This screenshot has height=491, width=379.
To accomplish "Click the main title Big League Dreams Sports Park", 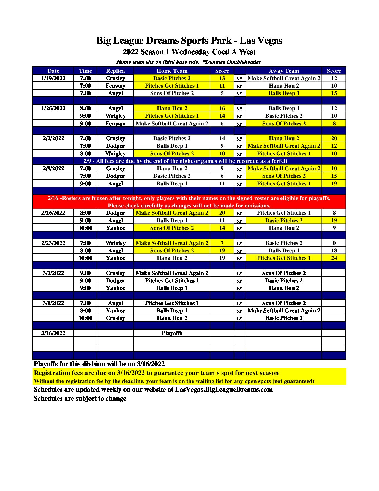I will click(x=189, y=41).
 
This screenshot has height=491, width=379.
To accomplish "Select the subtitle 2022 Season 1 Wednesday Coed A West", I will click(x=189, y=52).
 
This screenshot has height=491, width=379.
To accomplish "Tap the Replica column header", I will click(x=115, y=71).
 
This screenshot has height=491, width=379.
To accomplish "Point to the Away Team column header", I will click(x=283, y=71).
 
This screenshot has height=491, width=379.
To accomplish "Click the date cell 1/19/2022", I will click(x=53, y=78).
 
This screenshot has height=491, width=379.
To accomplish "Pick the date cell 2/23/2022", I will click(x=53, y=243).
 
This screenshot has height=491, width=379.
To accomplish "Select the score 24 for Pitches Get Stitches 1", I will click(x=334, y=258).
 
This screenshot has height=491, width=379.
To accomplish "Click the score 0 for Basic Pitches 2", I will click(x=334, y=243).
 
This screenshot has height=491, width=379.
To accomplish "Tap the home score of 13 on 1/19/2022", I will click(x=222, y=78).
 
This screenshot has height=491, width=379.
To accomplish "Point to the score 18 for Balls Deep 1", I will click(x=334, y=250).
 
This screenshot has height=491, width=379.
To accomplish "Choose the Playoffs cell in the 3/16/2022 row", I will click(x=172, y=333).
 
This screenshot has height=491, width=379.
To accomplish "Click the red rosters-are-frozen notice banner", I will click(x=189, y=202).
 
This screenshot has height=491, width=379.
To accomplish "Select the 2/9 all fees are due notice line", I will click(x=185, y=161).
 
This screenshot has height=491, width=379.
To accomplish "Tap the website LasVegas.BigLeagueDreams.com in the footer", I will click(x=224, y=389).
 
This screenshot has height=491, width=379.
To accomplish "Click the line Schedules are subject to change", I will click(x=80, y=398).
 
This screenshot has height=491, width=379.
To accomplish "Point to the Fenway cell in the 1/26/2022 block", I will click(x=115, y=123).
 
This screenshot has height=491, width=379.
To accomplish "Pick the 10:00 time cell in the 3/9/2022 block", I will click(x=85, y=318).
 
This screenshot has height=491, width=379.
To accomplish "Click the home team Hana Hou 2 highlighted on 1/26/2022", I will click(x=172, y=108).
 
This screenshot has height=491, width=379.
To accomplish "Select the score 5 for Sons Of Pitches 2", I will click(x=222, y=93).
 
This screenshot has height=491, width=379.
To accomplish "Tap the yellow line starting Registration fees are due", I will click(x=156, y=373).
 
